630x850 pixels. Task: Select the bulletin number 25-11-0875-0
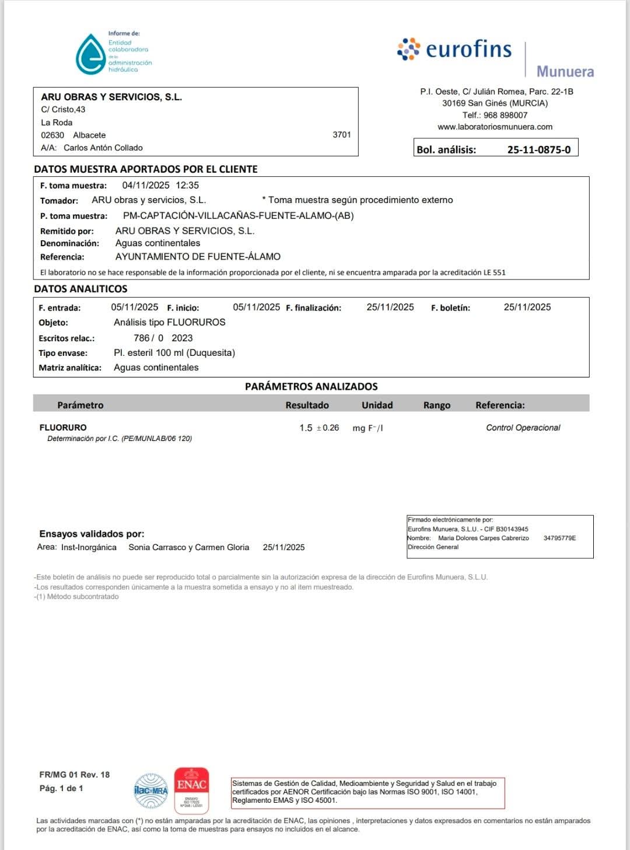(x=538, y=149)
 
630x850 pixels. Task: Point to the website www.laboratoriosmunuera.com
(x=495, y=127)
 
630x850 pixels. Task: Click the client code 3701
(x=342, y=135)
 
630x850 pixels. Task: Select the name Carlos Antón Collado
(x=103, y=148)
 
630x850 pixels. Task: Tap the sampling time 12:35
(x=187, y=186)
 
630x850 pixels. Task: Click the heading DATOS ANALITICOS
(x=80, y=289)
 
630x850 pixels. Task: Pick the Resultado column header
(x=307, y=405)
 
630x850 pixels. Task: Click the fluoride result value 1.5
(x=306, y=428)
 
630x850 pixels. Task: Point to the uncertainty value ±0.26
(x=328, y=428)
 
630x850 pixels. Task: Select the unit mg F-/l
(x=367, y=428)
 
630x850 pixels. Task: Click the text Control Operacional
(x=523, y=428)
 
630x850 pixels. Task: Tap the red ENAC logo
(x=191, y=789)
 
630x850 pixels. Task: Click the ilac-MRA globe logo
(x=151, y=791)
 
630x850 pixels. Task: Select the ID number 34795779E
(x=559, y=538)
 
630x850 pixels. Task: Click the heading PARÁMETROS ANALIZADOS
(x=311, y=386)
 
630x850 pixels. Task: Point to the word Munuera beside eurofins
(x=565, y=72)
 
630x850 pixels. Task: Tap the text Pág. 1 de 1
(x=61, y=788)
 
